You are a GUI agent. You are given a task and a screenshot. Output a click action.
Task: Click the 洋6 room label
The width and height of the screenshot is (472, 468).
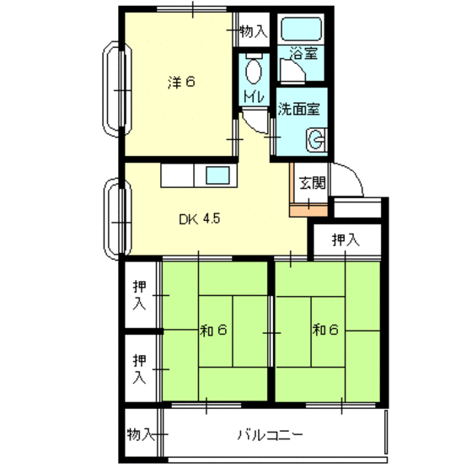tap(181, 83)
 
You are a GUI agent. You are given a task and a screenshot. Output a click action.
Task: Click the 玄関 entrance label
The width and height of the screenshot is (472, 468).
tap(313, 180)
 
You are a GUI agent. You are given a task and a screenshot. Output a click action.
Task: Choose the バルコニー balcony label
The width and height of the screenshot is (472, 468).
tap(270, 435)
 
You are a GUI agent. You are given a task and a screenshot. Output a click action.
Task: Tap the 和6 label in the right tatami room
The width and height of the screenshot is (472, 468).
tap(325, 329)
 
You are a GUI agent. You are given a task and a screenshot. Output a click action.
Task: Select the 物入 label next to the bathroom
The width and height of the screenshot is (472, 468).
tap(252, 31)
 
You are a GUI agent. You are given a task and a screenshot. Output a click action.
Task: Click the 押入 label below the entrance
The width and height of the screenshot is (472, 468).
tap(344, 240)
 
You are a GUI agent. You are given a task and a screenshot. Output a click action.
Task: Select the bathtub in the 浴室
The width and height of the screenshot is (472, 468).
tap(302, 31)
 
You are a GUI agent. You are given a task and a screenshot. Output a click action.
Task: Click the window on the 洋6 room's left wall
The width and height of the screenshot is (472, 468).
tap(112, 88)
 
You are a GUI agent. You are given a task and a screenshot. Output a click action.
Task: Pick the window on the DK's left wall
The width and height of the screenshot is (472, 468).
tap(113, 218)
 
